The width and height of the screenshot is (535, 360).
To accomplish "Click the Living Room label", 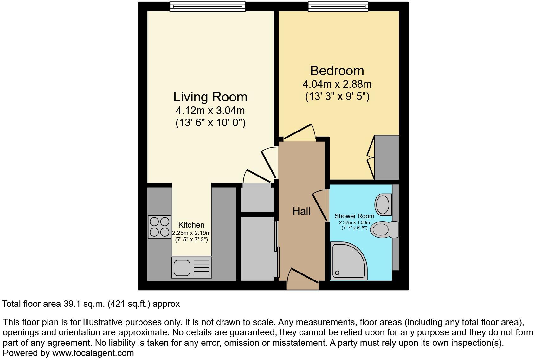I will click(x=210, y=97).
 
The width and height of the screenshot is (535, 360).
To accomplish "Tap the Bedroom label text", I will click(x=337, y=70).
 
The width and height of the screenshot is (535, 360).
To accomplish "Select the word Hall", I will click(x=301, y=211).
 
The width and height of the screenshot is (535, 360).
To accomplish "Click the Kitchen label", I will click(x=191, y=225).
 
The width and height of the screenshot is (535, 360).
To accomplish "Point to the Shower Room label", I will click(x=354, y=216).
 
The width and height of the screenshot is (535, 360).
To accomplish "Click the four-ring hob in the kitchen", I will click(x=159, y=227).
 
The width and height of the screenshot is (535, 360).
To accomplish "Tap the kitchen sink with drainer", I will click(x=191, y=267).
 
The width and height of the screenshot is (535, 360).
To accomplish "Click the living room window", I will click(x=207, y=7).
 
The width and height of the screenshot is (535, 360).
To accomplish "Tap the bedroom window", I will click(x=338, y=7).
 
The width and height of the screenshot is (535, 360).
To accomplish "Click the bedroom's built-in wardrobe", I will click(x=387, y=157).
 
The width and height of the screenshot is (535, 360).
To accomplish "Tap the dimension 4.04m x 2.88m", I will click(x=337, y=84).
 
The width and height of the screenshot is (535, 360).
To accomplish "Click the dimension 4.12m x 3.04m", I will click(x=210, y=111).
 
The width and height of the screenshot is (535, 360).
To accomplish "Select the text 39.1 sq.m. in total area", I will click(x=83, y=304).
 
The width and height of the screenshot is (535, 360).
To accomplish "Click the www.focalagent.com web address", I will click(x=93, y=353).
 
